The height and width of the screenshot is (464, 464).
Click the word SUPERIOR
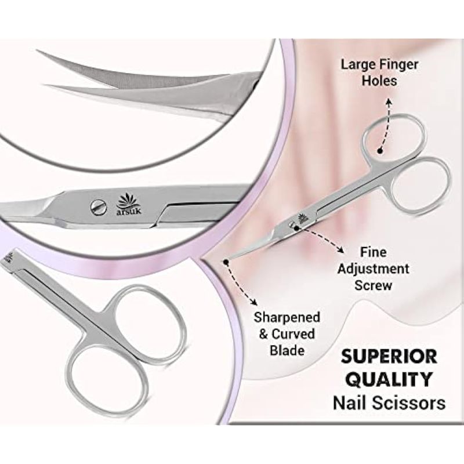[x=389, y=356]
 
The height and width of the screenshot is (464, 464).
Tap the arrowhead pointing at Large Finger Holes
[x=388, y=101]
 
